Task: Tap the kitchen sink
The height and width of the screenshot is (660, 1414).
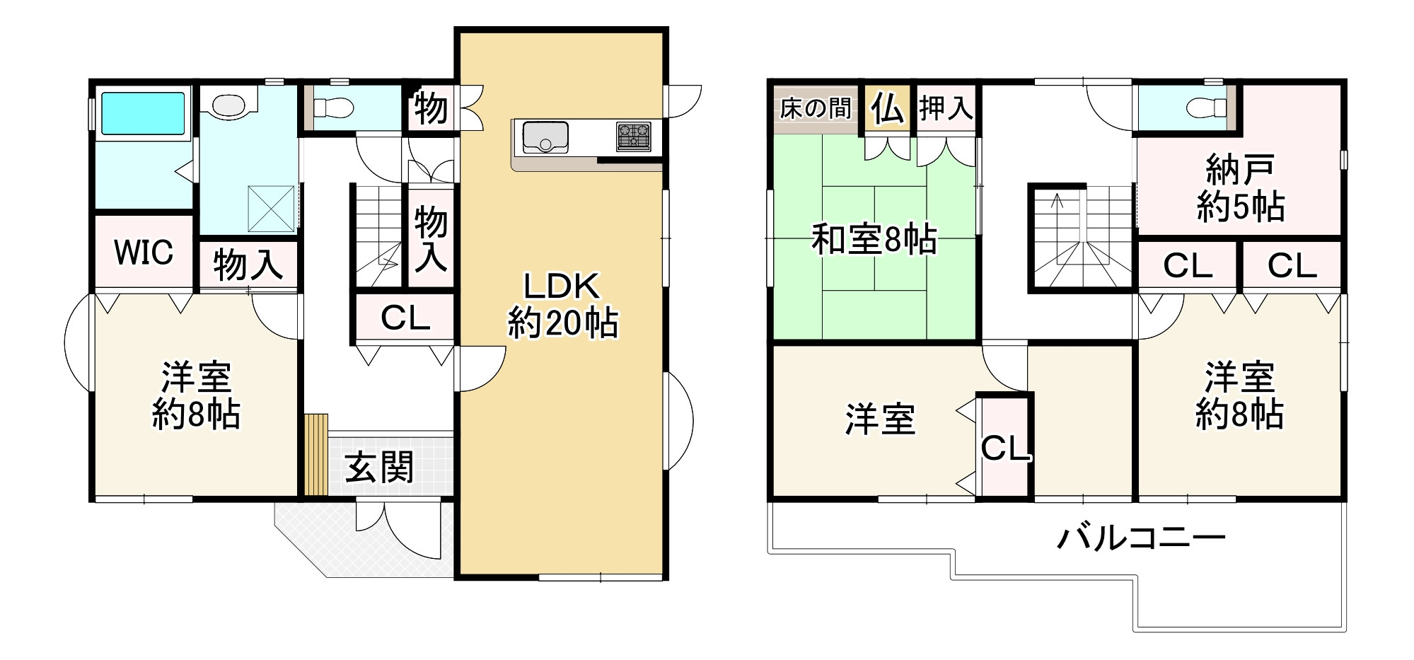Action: click(x=545, y=137)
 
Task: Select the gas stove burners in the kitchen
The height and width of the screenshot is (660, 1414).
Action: click(x=634, y=137)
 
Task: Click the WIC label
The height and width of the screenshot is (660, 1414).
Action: click(x=144, y=253)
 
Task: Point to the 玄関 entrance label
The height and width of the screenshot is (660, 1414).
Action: click(x=379, y=468)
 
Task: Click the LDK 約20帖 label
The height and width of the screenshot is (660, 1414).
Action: click(x=562, y=305)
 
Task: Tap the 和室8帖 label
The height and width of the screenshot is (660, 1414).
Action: click(x=874, y=240)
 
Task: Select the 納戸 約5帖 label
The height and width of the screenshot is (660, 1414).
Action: click(x=1240, y=188)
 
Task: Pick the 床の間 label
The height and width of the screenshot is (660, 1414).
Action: click(x=815, y=109)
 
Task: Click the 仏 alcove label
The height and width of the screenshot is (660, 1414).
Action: click(x=887, y=109)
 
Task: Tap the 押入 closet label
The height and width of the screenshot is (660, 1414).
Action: click(x=946, y=109)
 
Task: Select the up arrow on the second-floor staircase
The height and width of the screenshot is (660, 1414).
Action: click(x=1057, y=202)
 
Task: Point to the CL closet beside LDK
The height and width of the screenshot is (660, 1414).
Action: click(x=405, y=318)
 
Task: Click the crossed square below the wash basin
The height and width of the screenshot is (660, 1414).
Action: click(x=271, y=209)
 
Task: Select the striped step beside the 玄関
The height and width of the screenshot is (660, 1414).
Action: click(x=316, y=455)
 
